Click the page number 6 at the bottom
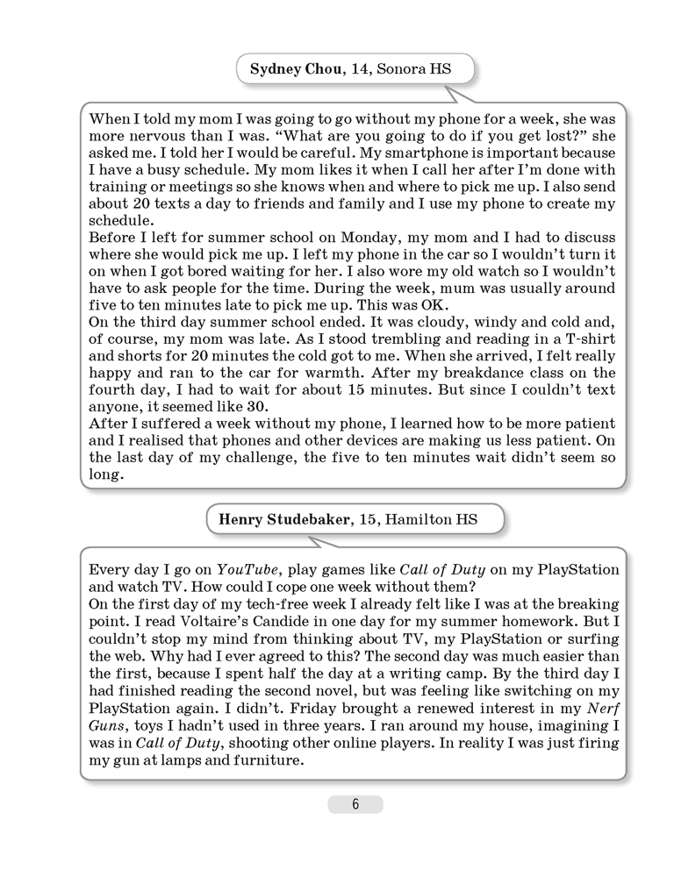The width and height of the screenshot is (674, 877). click(355, 805)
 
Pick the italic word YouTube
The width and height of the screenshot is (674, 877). click(249, 570)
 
